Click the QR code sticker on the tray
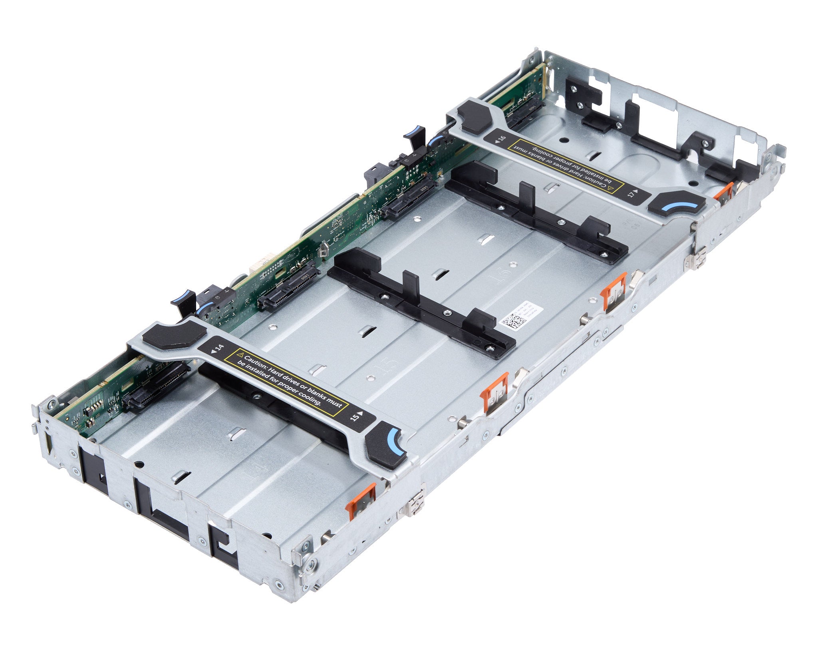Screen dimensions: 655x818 pyautogui.click(x=512, y=321)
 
